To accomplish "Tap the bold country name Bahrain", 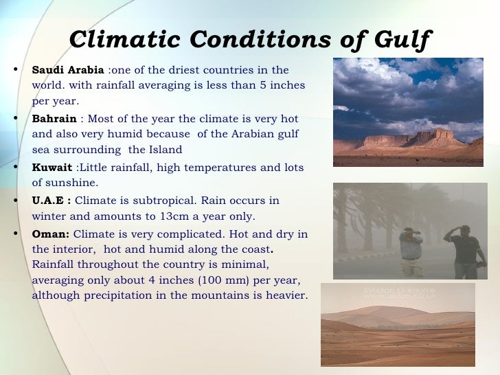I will [55, 118].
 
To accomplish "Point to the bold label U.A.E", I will [52, 201].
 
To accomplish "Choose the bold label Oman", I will [51, 234].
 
